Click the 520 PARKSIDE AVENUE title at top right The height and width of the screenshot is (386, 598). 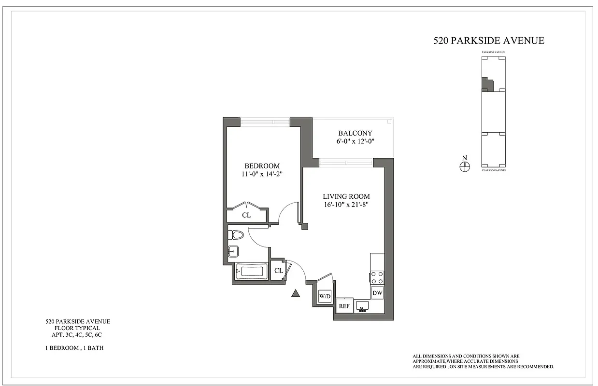489,41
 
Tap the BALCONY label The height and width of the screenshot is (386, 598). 355,133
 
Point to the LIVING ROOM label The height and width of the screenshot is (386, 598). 346,196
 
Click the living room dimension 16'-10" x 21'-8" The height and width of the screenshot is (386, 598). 346,205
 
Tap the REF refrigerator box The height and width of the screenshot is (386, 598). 344,306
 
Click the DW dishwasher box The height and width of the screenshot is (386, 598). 377,293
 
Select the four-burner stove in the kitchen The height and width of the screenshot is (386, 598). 377,277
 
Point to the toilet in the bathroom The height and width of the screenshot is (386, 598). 236,235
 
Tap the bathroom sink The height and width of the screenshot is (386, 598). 233,251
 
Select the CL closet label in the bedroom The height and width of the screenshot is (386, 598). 246,215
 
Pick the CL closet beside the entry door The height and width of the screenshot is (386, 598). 278,271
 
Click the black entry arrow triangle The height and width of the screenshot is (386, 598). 296,293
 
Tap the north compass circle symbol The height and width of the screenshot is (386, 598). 465,166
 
